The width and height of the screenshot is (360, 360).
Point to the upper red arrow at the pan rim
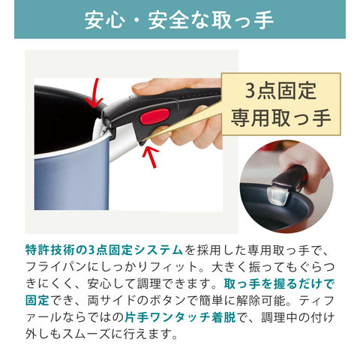pos(95,94)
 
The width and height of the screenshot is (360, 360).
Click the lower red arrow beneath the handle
pos(151,157)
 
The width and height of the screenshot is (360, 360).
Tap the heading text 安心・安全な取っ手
pos(178,19)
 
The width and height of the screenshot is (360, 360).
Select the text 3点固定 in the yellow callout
pos(280,91)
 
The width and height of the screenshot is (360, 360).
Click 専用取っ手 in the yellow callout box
pos(280,118)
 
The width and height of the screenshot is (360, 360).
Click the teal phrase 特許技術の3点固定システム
pos(104,250)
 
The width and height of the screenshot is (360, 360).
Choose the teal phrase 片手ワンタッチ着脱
pos(180,317)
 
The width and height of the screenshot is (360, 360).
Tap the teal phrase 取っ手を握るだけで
pos(279,283)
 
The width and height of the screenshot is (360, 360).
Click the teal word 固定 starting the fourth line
pos(37,300)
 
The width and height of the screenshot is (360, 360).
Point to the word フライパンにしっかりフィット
pos(112,267)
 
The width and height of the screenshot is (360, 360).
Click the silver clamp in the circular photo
pos(276,195)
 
